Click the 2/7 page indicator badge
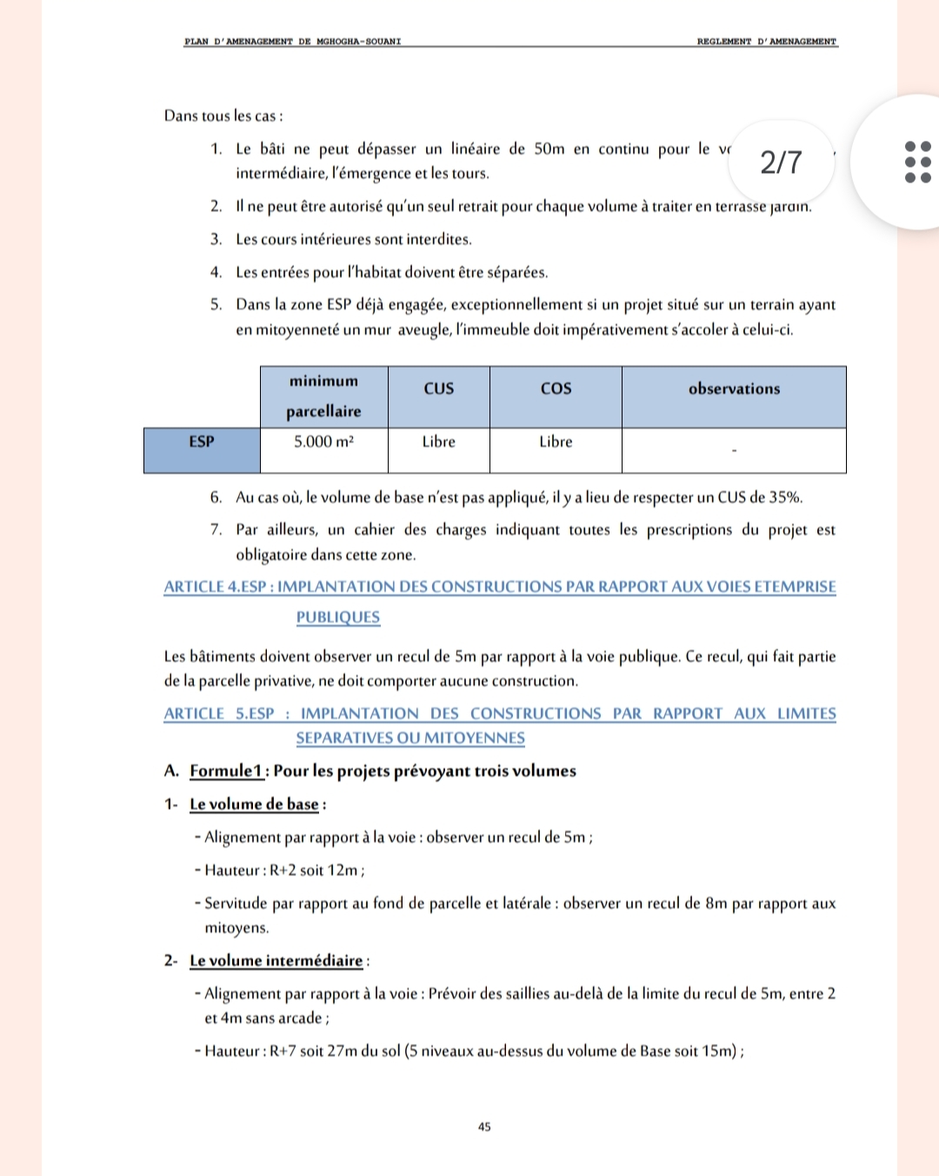pyautogui.click(x=781, y=163)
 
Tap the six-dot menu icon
pyautogui.click(x=917, y=163)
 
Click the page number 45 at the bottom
pyautogui.click(x=484, y=1126)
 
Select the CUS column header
pyautogui.click(x=438, y=389)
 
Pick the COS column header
pyautogui.click(x=556, y=389)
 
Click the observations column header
pyautogui.click(x=734, y=389)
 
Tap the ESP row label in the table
pyautogui.click(x=202, y=442)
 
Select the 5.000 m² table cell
pyautogui.click(x=323, y=442)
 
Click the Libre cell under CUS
pyautogui.click(x=438, y=442)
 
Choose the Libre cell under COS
pyautogui.click(x=556, y=442)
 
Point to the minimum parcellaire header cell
pyautogui.click(x=323, y=396)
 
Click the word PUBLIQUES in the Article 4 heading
pyautogui.click(x=338, y=617)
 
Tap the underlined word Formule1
pyautogui.click(x=226, y=771)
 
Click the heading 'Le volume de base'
pyautogui.click(x=254, y=804)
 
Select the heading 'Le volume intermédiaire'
pyautogui.click(x=276, y=960)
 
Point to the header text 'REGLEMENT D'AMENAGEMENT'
pyautogui.click(x=766, y=42)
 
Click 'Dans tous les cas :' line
pyautogui.click(x=223, y=116)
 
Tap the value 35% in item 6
pyautogui.click(x=785, y=497)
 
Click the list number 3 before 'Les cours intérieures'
pyautogui.click(x=216, y=239)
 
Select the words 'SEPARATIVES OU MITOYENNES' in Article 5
pyautogui.click(x=410, y=738)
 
